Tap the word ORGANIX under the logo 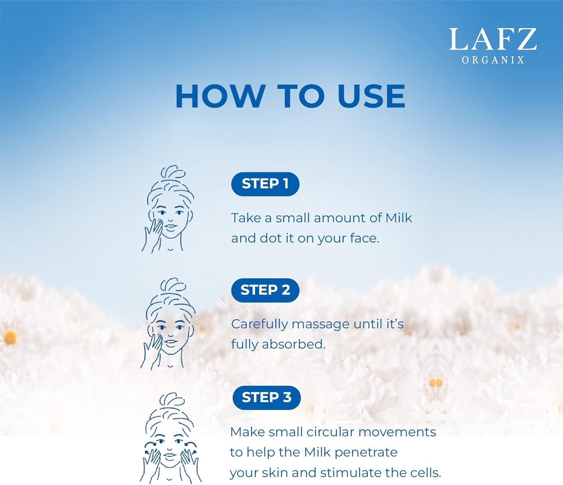[493, 60]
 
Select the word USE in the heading [371, 97]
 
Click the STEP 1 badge [265, 184]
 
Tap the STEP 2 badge [265, 290]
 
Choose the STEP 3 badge [266, 398]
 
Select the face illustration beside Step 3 [170, 438]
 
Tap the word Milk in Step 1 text [399, 218]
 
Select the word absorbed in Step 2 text [294, 345]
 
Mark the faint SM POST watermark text [60, 396]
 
